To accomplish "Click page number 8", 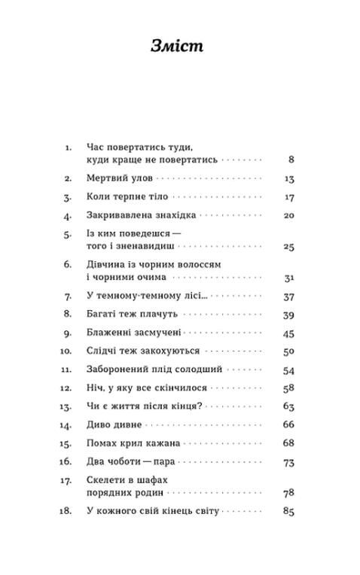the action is [291, 160].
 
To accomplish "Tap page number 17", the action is [289, 197].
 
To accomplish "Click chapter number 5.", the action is [67, 234].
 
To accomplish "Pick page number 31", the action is [289, 278].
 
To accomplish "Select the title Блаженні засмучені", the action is [134, 332].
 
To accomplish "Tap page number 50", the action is [288, 351].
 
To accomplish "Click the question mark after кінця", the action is [200, 406].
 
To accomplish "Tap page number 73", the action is [288, 461].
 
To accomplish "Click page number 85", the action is [288, 512].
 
